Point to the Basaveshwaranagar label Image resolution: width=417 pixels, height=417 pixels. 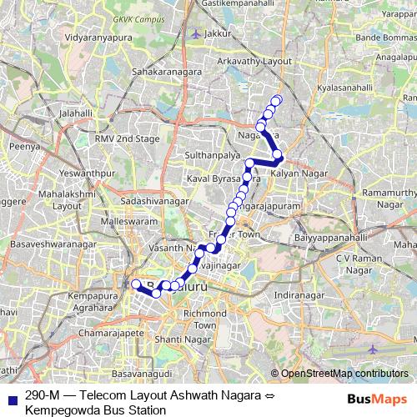pos(53,245)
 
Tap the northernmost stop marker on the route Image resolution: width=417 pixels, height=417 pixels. pos(277,101)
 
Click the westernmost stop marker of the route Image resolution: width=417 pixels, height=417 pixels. pos(136,284)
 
